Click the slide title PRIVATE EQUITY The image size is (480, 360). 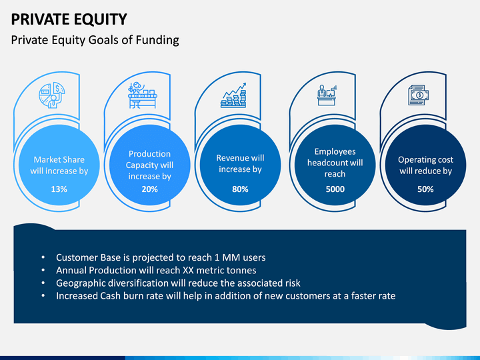click(x=69, y=19)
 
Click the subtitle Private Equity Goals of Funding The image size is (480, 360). click(x=95, y=40)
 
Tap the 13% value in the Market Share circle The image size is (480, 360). click(x=59, y=189)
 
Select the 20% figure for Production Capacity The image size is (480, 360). click(x=150, y=189)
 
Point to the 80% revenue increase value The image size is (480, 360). click(x=240, y=189)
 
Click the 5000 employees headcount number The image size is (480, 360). click(x=335, y=189)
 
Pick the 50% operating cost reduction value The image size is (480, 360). click(x=425, y=189)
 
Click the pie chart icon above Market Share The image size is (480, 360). click(x=52, y=95)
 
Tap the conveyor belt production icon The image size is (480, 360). click(x=143, y=95)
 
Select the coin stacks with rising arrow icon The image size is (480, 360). click(x=233, y=95)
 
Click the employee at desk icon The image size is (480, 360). click(x=327, y=95)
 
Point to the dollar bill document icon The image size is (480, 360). click(x=418, y=95)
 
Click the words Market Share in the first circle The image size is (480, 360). click(x=59, y=160)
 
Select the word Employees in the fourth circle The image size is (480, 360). click(x=335, y=151)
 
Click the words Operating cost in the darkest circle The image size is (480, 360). click(x=425, y=160)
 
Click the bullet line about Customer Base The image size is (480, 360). click(x=161, y=257)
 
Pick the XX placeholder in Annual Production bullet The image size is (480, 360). click(x=188, y=270)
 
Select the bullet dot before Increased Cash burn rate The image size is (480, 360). click(x=43, y=296)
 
